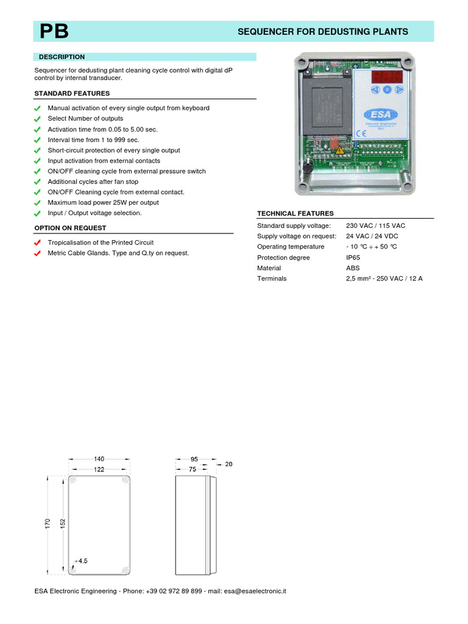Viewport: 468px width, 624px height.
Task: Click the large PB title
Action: click(x=54, y=32)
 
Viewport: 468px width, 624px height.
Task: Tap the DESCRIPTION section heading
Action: click(x=62, y=57)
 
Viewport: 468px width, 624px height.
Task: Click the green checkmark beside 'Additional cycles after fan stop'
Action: click(x=38, y=182)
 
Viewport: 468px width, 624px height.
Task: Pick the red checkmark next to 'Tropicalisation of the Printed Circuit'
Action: click(x=38, y=243)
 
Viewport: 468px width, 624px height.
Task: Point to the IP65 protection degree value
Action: click(x=353, y=257)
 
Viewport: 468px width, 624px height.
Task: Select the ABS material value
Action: click(x=352, y=268)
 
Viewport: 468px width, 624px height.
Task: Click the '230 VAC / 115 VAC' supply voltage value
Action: click(x=375, y=225)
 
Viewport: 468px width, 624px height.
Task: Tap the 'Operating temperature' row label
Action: click(x=291, y=247)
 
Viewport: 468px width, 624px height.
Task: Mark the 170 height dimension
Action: click(x=48, y=524)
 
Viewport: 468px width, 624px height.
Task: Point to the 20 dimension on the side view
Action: click(x=229, y=464)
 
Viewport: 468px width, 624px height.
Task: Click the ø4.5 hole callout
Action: click(x=81, y=561)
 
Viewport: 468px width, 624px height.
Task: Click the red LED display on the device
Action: click(x=386, y=77)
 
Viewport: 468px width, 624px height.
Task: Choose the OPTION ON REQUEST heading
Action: click(x=70, y=228)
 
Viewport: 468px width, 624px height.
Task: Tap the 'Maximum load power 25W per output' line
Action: click(x=103, y=202)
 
